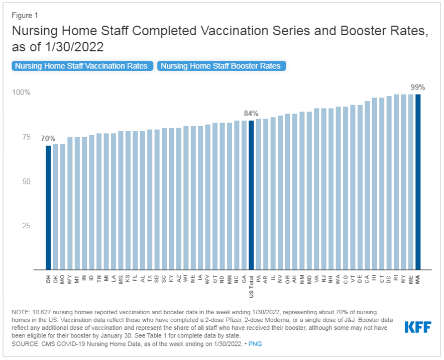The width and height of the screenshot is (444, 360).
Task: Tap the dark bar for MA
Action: [x=418, y=182]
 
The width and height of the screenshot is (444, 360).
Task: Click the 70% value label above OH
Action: [x=48, y=138]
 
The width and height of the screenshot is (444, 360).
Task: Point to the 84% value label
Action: [x=251, y=113]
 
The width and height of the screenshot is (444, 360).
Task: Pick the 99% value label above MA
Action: [x=418, y=86]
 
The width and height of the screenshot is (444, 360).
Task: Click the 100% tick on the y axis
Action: [x=22, y=93]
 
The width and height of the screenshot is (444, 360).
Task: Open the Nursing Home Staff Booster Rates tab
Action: [x=221, y=66]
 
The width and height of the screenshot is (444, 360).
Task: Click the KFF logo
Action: [x=418, y=327]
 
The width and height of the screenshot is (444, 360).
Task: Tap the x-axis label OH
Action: [x=49, y=278]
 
